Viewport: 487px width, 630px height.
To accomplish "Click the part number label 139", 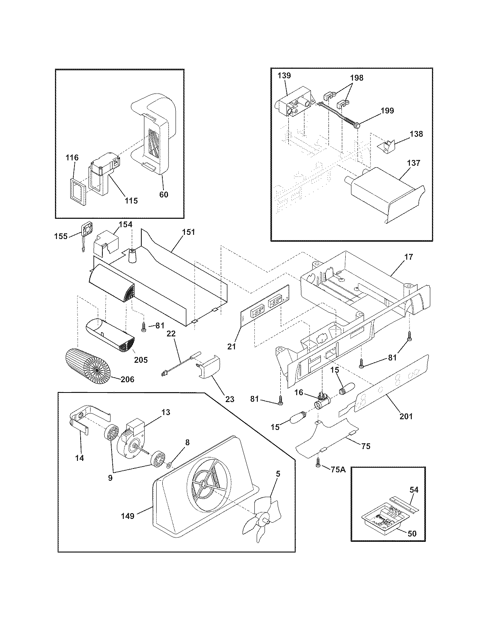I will [285, 75].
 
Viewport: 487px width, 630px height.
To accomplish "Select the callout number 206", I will [127, 379].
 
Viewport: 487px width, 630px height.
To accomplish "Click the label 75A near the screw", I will [338, 470].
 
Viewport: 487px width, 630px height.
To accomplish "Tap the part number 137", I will [413, 163].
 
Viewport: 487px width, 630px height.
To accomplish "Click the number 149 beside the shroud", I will [127, 516].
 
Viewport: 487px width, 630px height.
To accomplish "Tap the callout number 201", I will [406, 416].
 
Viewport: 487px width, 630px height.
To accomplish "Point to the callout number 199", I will [387, 110].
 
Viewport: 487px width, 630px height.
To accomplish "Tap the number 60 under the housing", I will [163, 194].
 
